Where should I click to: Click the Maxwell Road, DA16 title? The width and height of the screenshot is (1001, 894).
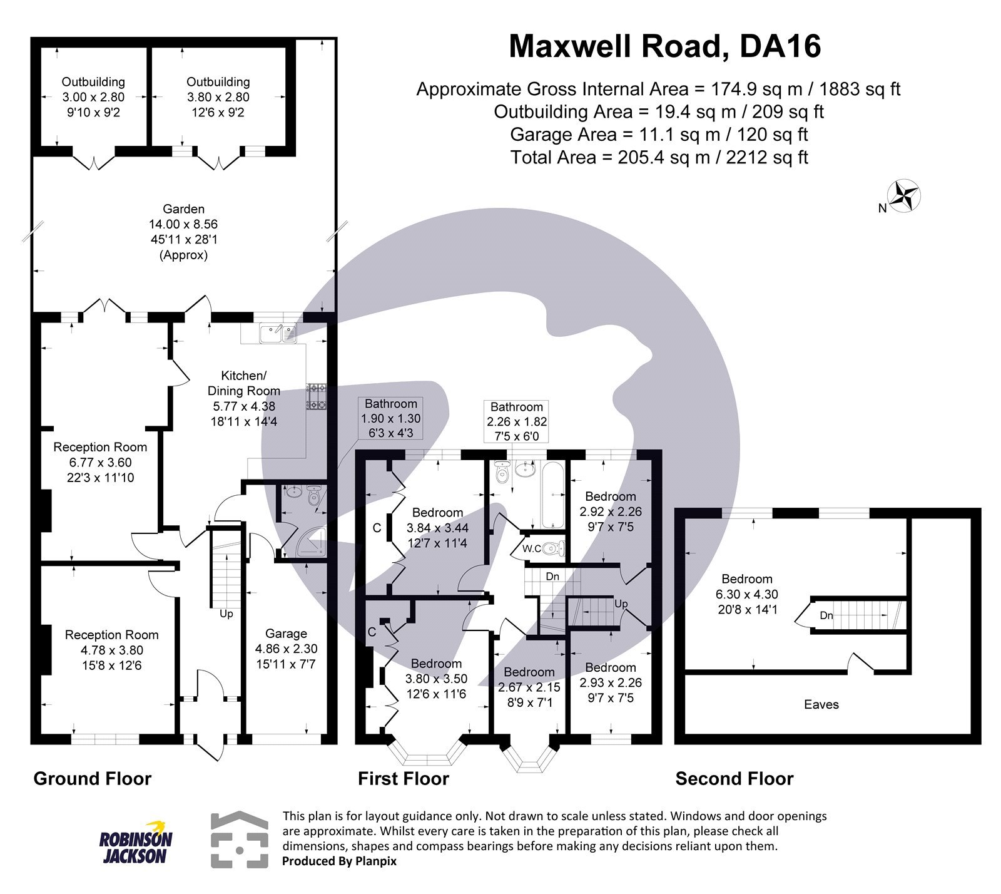coord(664,47)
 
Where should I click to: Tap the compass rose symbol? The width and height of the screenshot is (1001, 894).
coord(905,196)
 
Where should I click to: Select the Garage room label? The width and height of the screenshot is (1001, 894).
coord(286,634)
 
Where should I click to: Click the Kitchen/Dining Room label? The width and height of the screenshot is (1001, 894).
coord(243,383)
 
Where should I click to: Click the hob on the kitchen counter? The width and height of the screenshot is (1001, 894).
coord(316,397)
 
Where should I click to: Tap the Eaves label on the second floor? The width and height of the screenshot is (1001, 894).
coord(821,705)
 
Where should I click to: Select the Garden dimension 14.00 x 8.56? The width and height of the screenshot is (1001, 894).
coord(183,224)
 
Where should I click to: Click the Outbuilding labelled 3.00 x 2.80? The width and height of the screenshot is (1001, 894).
coord(93,97)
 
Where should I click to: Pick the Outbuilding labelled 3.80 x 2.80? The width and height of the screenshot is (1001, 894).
coord(218,97)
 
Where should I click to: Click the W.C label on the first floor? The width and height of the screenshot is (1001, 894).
coord(532,549)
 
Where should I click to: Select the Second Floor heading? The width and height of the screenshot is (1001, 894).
coord(734,779)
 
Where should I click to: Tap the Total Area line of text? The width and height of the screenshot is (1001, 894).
coord(659,157)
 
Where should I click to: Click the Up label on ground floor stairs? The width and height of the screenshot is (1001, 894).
coord(226,614)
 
